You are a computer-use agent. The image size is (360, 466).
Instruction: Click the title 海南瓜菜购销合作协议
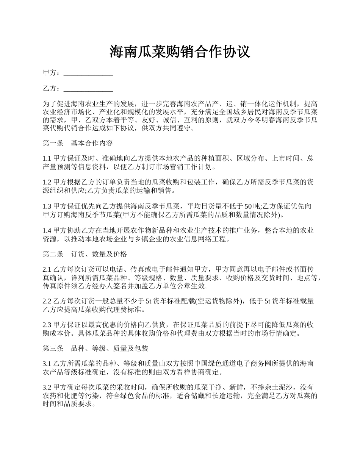coord(180,52)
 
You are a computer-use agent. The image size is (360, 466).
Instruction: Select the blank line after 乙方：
coord(88,89)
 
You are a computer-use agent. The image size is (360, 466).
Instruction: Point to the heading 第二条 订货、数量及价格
coord(85,254)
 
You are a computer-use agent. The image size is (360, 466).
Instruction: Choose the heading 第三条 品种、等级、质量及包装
coord(95,349)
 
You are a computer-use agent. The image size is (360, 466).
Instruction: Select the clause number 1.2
coord(47,182)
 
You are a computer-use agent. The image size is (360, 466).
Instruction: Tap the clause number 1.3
coord(47,206)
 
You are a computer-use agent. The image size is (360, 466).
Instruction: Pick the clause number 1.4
coord(47,230)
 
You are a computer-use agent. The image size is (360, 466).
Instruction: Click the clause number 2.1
coord(47,269)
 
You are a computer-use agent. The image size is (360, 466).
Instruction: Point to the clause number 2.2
coord(47,301)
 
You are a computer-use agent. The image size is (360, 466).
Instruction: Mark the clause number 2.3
coord(47,325)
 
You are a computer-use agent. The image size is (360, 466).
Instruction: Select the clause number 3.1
coord(47,364)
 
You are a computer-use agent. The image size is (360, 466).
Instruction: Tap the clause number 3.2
coord(47,388)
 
